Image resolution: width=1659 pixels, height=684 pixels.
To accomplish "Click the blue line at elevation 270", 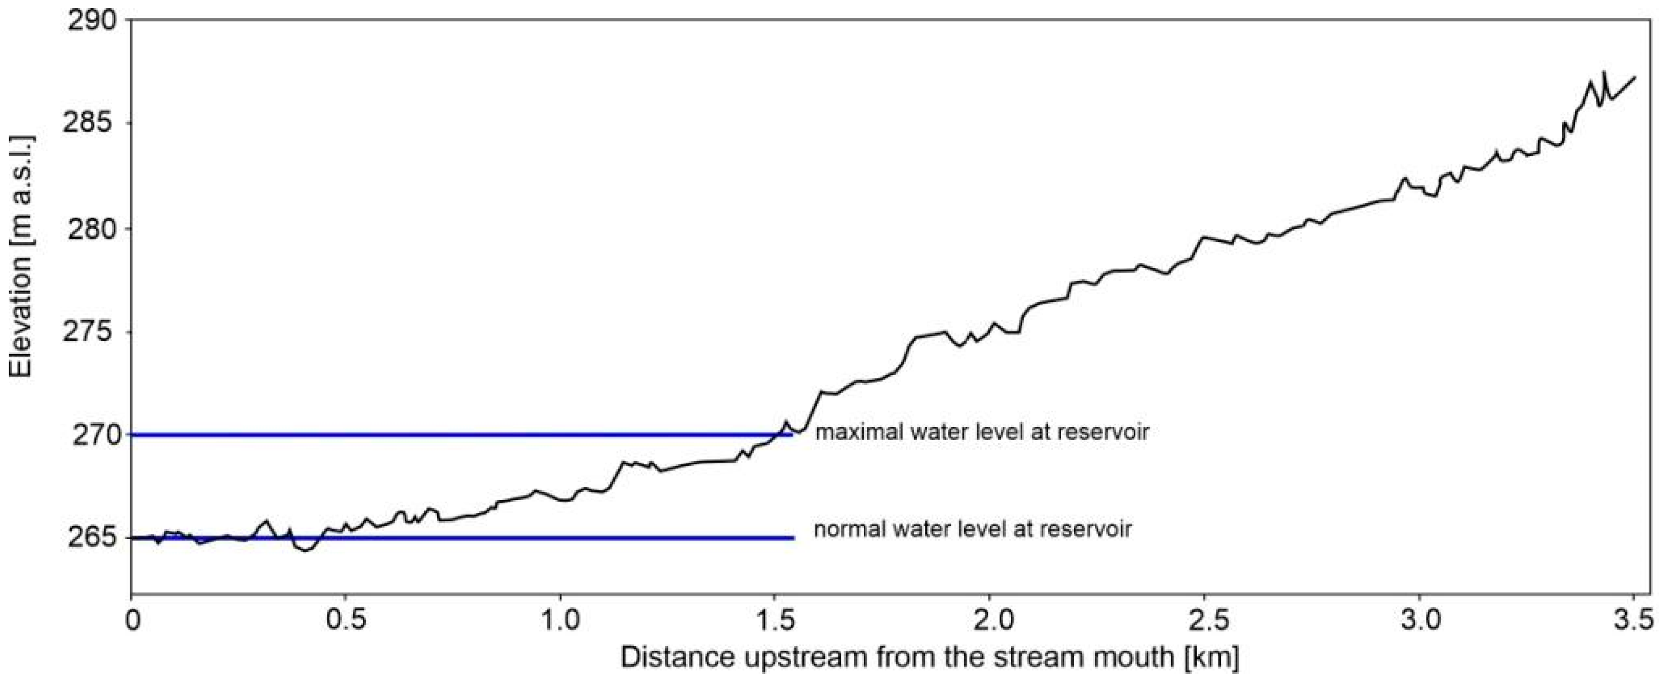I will point(451,435).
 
